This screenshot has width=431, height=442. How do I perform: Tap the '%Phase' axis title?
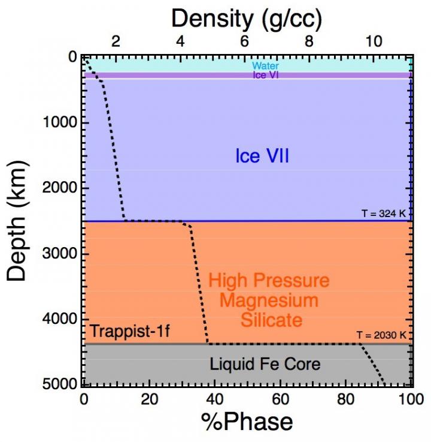pos(247,421)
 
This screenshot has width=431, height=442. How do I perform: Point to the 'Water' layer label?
pos(265,66)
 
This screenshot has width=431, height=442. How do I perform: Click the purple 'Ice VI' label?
pos(265,76)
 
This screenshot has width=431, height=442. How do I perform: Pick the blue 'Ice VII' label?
pos(262,157)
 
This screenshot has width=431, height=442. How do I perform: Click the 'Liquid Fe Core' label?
pos(265,363)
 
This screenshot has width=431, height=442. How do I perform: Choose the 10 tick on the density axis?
pos(373,41)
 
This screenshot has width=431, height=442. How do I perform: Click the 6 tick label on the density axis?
pos(244,41)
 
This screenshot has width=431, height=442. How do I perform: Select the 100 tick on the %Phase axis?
pos(410,398)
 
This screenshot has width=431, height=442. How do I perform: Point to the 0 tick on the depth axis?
pos(72,58)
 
